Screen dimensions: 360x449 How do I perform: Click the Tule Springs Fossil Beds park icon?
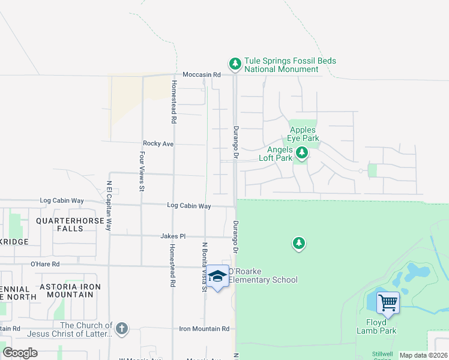235,64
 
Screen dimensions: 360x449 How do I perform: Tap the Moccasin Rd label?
202,74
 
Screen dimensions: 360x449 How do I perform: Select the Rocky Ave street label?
158,144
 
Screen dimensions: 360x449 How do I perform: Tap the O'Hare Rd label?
45,263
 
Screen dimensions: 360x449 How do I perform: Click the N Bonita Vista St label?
205,266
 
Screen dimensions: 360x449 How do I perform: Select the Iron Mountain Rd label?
204,329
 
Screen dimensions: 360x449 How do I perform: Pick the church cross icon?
122,328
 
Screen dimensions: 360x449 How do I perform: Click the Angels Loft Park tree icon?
302,153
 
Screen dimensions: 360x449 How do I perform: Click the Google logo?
20,353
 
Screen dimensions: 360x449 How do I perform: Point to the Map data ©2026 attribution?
423,355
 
